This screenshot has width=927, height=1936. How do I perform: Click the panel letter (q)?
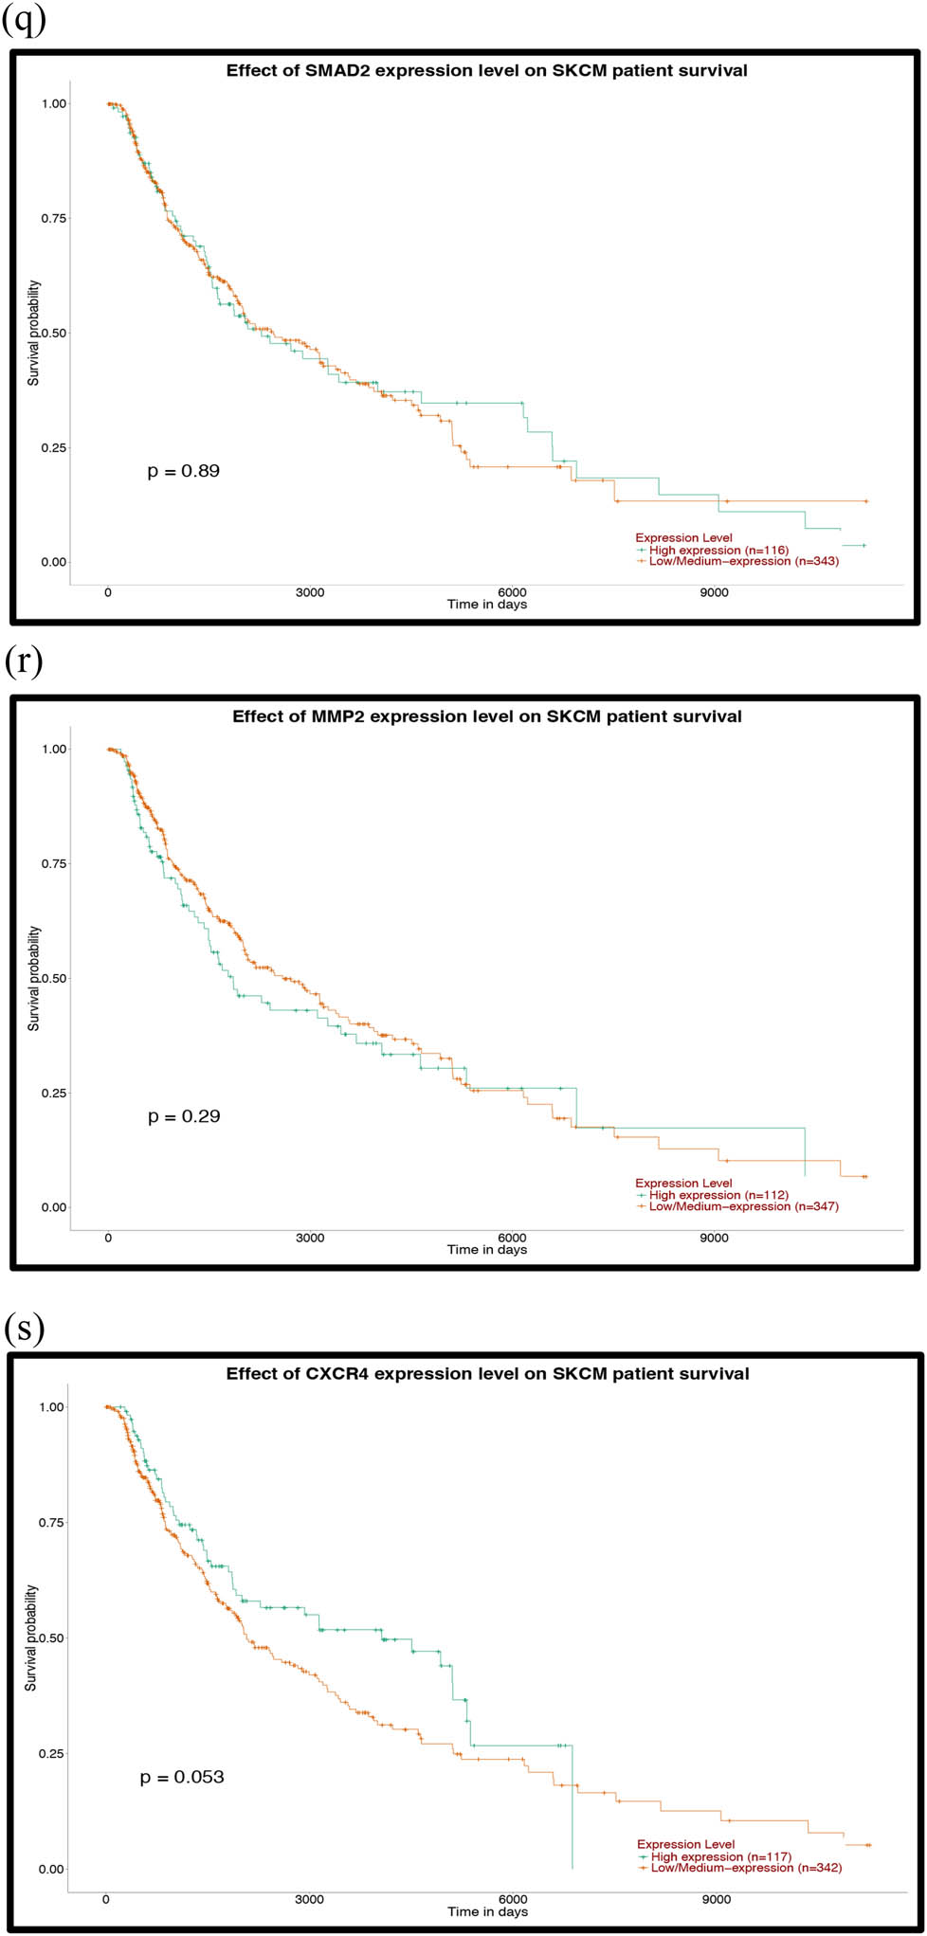tap(23, 20)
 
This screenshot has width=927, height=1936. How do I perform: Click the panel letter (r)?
tap(23, 662)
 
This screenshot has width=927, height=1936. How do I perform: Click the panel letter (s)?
tap(23, 1329)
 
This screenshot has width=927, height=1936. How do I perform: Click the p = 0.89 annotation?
tap(184, 471)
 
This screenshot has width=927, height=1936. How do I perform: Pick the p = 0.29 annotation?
tap(184, 1116)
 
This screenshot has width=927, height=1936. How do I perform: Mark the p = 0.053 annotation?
tap(182, 1777)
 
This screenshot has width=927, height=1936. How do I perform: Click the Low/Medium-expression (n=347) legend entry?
tap(743, 1206)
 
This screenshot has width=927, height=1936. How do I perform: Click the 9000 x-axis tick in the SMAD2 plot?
tap(714, 593)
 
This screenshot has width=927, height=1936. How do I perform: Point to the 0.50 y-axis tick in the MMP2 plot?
tap(53, 978)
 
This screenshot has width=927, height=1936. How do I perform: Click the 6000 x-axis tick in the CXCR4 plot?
tap(512, 1899)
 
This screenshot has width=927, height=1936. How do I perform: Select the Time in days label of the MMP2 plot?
tap(486, 1249)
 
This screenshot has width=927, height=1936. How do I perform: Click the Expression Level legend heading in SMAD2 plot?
tap(683, 538)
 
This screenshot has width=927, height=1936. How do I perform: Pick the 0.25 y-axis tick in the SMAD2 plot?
tap(53, 447)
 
